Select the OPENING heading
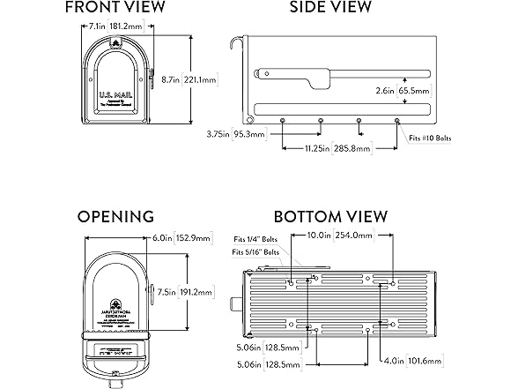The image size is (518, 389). [x=115, y=216]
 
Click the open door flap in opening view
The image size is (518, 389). [x=115, y=357]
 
